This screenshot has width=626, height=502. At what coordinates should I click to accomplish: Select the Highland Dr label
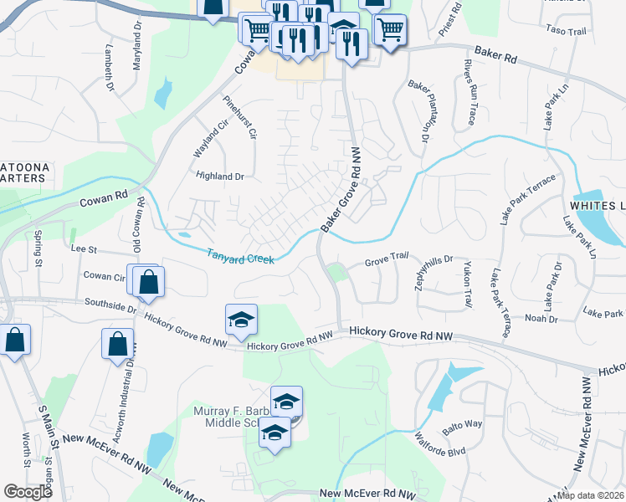pyautogui.click(x=219, y=177)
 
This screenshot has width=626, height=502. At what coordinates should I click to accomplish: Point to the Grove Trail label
pyautogui.click(x=387, y=264)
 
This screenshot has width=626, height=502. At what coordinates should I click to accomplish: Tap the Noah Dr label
pyautogui.click(x=541, y=318)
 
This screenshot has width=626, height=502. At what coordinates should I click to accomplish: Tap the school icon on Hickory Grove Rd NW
pyautogui.click(x=241, y=320)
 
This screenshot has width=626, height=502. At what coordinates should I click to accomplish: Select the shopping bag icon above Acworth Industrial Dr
pyautogui.click(x=118, y=343)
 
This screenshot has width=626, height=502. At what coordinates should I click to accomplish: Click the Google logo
pyautogui.click(x=28, y=493)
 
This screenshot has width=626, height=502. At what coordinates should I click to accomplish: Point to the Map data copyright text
pyautogui.click(x=591, y=495)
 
